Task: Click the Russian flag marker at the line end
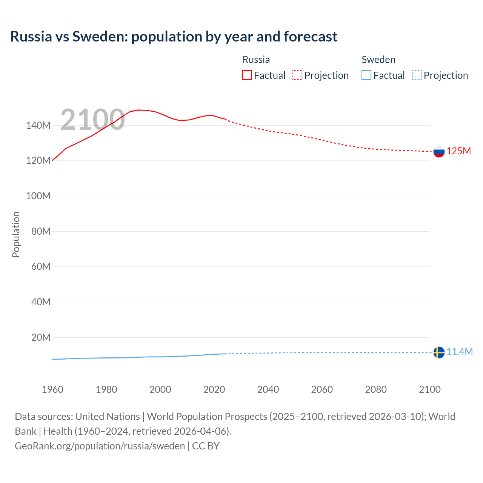click(439, 152)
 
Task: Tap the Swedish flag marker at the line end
click(439, 352)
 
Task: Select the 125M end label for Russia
click(458, 151)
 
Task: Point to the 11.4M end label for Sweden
click(459, 352)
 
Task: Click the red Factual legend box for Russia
click(247, 75)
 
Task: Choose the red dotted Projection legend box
click(297, 75)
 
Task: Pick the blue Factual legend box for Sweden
click(366, 75)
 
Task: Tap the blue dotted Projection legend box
click(417, 75)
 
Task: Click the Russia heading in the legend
click(256, 60)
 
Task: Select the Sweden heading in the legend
click(378, 60)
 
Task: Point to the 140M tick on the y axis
click(38, 126)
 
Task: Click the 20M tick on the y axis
click(41, 337)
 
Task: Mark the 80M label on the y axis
click(41, 231)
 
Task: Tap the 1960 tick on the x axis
click(52, 389)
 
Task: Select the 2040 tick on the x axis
click(268, 389)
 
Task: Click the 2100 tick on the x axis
click(429, 389)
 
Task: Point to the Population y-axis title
click(16, 234)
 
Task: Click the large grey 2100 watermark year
click(92, 120)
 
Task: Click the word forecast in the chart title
click(310, 37)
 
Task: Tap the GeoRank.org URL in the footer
click(100, 446)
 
